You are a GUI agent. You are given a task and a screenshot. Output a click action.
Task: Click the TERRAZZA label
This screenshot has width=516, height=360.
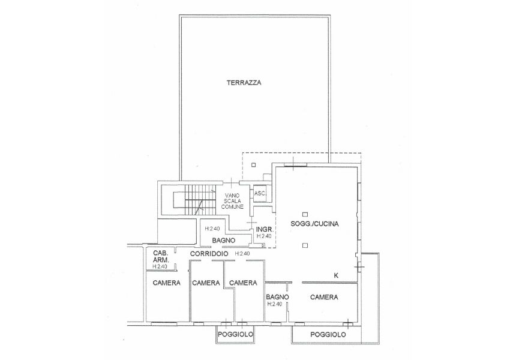[x=244, y=83]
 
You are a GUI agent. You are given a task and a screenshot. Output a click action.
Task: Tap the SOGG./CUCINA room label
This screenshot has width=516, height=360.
[x=314, y=224]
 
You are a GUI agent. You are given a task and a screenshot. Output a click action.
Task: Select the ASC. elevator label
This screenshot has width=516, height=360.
[x=260, y=193]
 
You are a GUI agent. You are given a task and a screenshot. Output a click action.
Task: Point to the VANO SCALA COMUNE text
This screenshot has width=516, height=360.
[x=232, y=201]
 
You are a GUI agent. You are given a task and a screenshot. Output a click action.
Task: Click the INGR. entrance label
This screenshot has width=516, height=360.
[x=264, y=229]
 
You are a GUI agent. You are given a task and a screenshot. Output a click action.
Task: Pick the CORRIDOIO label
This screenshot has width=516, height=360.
[x=209, y=254]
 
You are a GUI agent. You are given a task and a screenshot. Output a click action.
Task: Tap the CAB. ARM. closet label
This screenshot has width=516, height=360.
[x=161, y=256]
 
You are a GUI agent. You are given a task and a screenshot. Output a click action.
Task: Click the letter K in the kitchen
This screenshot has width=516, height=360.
[x=336, y=276]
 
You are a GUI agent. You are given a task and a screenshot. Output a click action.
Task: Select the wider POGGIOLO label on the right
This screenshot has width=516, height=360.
[x=328, y=335]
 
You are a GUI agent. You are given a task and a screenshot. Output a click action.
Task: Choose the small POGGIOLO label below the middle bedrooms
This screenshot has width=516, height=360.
[x=235, y=334]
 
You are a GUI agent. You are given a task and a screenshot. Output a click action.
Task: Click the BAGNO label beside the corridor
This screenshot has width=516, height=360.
[x=224, y=241]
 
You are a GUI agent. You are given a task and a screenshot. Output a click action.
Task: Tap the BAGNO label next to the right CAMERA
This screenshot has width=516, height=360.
[x=277, y=297]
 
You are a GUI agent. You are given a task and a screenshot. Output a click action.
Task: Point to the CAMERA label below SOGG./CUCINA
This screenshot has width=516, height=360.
[x=324, y=297]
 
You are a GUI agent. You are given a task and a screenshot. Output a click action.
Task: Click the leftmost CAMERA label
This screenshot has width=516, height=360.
[x=167, y=283]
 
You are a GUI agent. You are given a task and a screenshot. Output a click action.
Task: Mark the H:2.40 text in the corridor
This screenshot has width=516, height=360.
[x=242, y=254]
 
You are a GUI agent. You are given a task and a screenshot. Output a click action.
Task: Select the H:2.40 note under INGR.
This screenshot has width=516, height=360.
[x=264, y=236]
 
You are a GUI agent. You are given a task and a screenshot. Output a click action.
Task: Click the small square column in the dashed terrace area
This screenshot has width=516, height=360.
[x=253, y=165]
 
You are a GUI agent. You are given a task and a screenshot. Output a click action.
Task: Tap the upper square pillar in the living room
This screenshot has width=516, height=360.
[x=305, y=214]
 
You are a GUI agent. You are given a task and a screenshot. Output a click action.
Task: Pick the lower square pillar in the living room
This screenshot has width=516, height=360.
[x=305, y=245]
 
